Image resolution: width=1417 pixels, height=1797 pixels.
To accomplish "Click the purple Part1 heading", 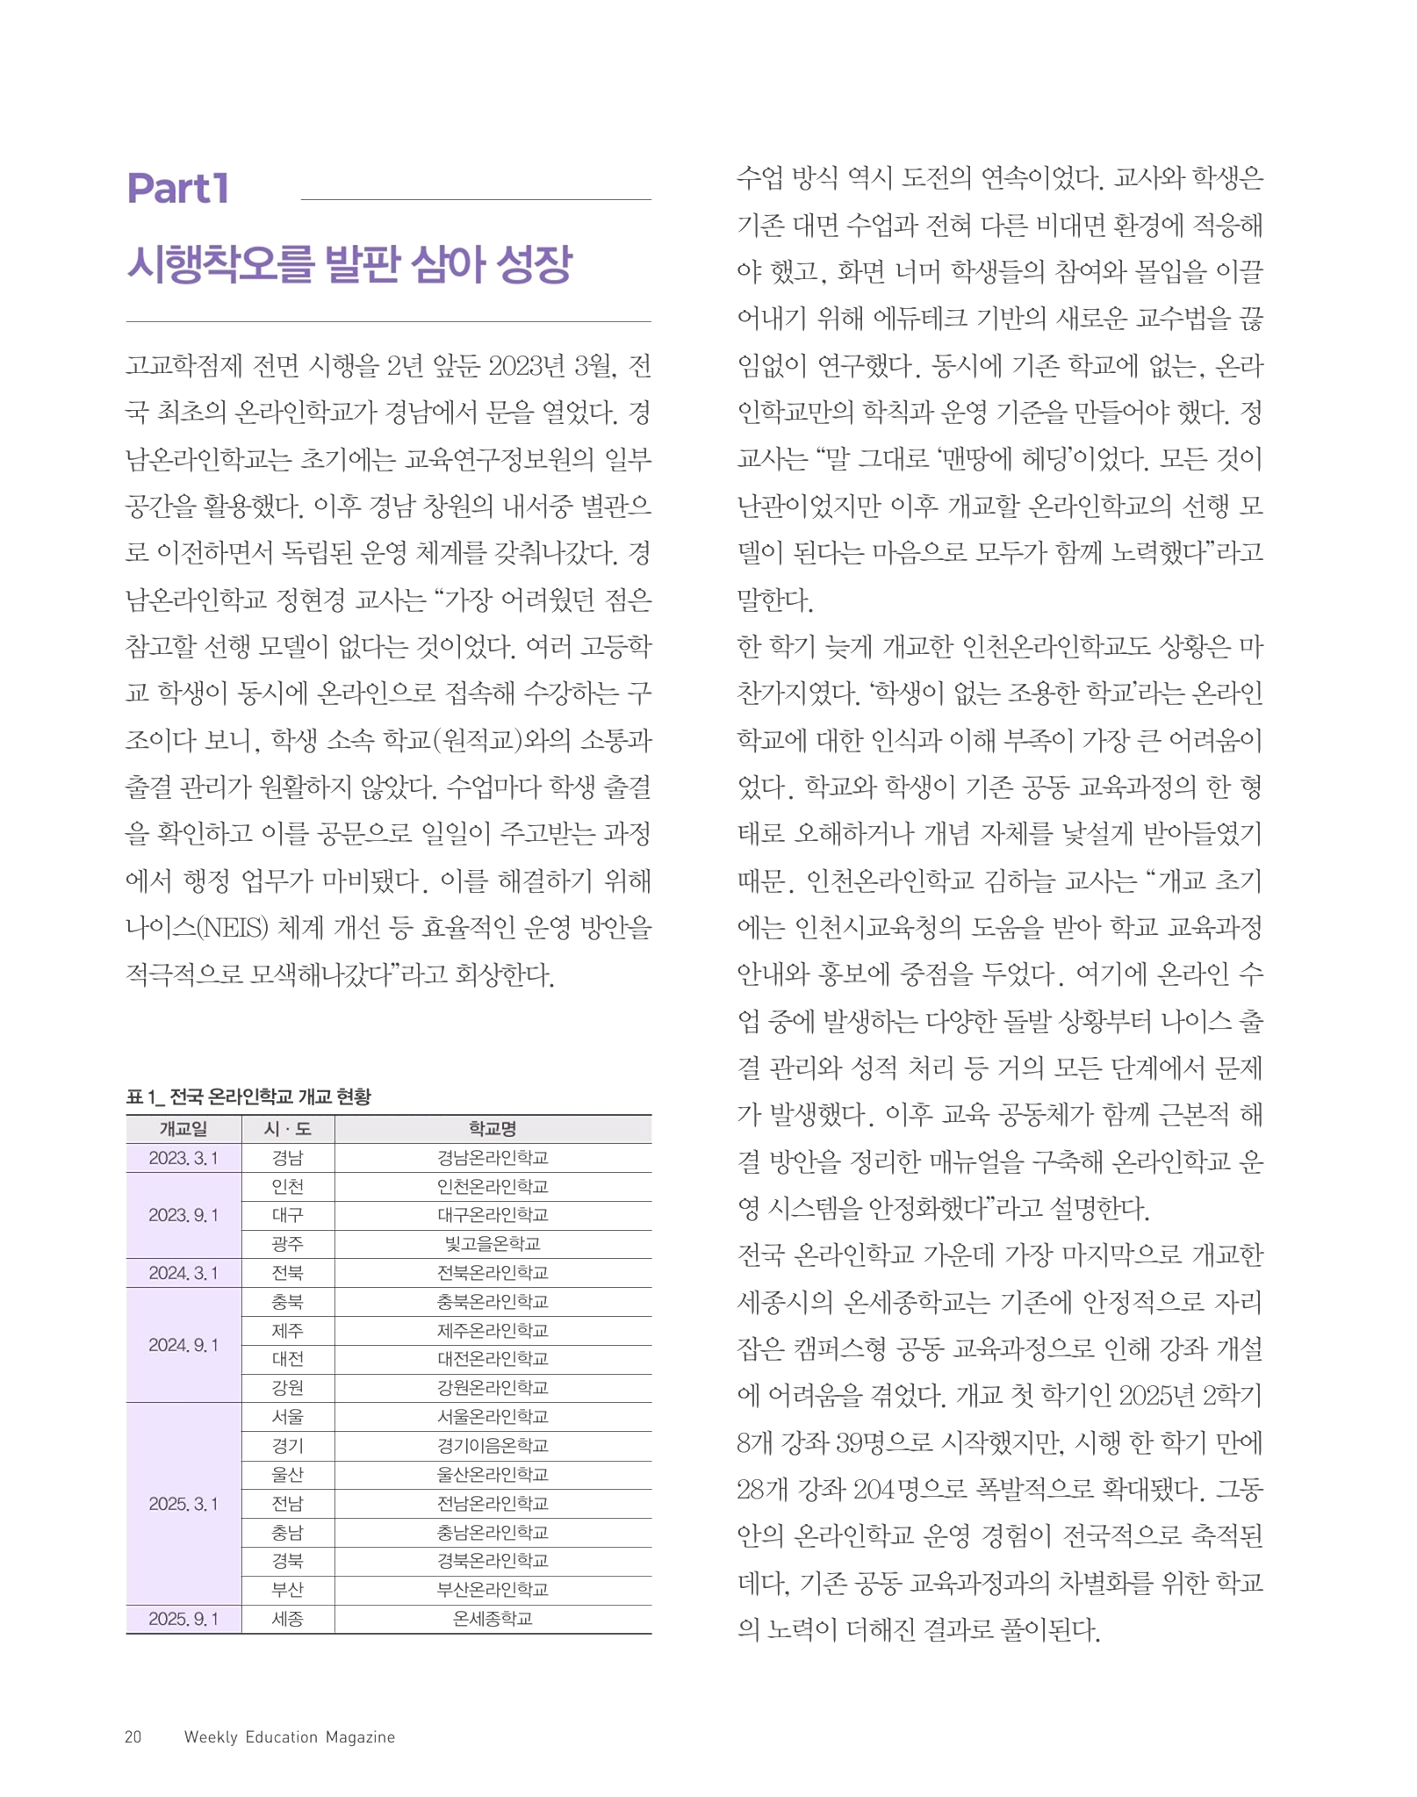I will tap(178, 189).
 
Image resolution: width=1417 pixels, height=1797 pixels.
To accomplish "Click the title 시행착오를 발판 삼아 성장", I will tap(349, 263).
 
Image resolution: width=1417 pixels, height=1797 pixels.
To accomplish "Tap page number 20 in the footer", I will tap(133, 1736).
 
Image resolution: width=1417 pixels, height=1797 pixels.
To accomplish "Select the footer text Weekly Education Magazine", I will tap(289, 1736).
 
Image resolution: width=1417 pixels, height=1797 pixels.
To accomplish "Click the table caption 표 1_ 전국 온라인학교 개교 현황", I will tap(248, 1096).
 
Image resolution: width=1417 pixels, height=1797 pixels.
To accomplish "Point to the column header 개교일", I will tap(183, 1129).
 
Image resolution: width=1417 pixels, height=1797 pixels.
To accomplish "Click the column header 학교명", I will tap(492, 1129).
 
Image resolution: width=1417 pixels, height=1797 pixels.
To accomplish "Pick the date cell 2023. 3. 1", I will tap(183, 1158).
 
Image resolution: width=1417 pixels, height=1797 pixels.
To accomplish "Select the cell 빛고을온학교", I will tap(492, 1244).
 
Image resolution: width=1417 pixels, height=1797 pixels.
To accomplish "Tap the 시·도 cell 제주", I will tap(287, 1330).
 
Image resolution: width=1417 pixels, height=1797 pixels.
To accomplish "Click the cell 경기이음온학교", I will tap(492, 1445).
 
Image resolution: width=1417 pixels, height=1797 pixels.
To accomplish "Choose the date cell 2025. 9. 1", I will tap(183, 1618).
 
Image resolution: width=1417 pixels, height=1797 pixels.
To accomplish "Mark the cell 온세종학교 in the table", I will tap(492, 1618).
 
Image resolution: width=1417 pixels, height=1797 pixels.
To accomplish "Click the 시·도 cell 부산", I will tap(287, 1589).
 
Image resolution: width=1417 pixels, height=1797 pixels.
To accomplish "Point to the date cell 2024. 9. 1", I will tap(183, 1345).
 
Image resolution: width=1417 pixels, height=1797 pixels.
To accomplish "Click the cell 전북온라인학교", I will tap(492, 1272).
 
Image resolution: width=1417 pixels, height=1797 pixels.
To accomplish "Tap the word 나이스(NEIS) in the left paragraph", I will tap(197, 927).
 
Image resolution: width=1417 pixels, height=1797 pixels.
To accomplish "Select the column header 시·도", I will tap(287, 1129).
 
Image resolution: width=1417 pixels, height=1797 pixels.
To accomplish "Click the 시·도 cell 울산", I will tap(287, 1474).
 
